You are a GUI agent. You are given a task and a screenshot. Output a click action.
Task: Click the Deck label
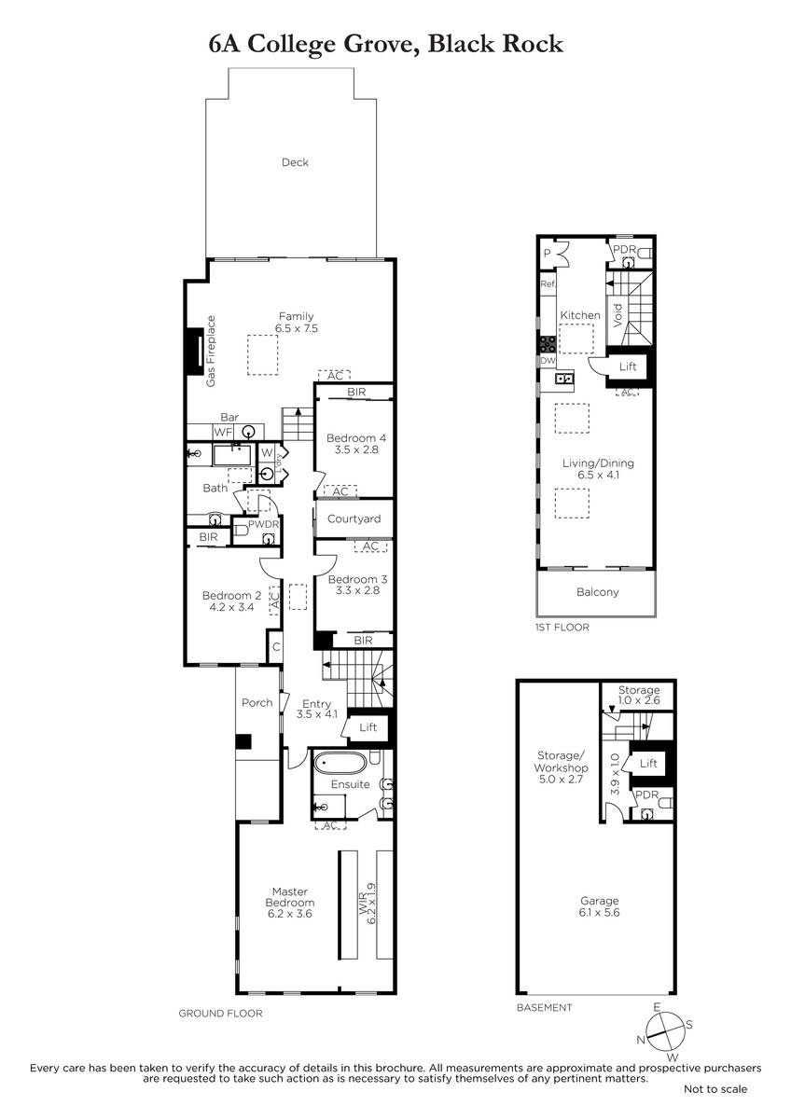tap(295, 162)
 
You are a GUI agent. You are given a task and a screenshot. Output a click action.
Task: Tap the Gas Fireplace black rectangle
tap(195, 352)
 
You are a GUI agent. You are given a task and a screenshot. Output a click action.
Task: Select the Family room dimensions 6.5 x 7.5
tap(297, 328)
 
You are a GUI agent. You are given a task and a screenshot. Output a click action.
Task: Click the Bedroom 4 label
tap(355, 438)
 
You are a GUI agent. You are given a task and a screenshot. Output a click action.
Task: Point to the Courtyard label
tap(354, 519)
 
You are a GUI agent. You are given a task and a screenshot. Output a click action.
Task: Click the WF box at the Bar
tap(223, 432)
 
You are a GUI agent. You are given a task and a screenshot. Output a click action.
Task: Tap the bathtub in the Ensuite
tap(340, 763)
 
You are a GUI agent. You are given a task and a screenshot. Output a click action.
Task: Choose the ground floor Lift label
tap(368, 727)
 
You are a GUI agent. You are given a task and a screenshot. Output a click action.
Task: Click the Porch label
tap(257, 703)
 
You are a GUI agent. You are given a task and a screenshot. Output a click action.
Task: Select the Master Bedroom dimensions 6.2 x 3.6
tap(290, 914)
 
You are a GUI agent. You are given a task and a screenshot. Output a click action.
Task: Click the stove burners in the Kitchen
tap(548, 344)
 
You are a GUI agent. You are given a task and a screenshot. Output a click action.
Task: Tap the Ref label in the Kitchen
tap(548, 283)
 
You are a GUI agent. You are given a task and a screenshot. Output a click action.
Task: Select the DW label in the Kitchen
tap(548, 360)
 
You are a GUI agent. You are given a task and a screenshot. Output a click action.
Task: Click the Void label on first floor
tap(618, 315)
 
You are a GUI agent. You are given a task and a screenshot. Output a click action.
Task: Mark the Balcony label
tap(598, 592)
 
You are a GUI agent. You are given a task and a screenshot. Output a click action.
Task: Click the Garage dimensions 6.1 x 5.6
tap(599, 912)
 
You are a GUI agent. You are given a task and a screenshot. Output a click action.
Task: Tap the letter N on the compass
tap(641, 1040)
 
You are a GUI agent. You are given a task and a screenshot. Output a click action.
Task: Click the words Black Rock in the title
tap(495, 44)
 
